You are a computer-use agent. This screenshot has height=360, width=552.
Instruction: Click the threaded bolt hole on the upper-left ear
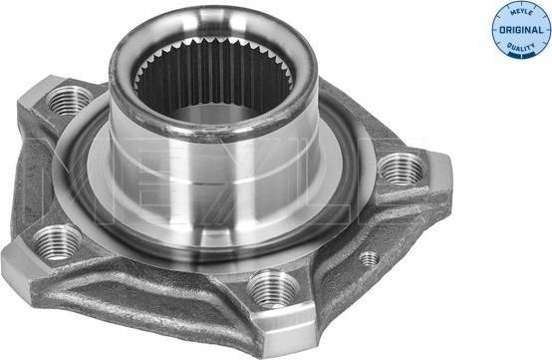(69, 99)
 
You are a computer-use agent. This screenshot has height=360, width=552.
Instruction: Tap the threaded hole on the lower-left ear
(58, 240)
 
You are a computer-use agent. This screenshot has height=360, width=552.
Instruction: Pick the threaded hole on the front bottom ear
(272, 289)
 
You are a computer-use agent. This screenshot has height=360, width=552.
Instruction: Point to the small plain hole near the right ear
(370, 258)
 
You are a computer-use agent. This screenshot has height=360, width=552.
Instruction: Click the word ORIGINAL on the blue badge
(520, 29)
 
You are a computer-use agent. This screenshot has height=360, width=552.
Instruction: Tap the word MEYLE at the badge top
(520, 13)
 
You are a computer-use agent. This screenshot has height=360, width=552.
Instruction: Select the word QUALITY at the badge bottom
(520, 46)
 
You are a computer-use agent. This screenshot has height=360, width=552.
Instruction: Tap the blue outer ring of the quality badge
(496, 29)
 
